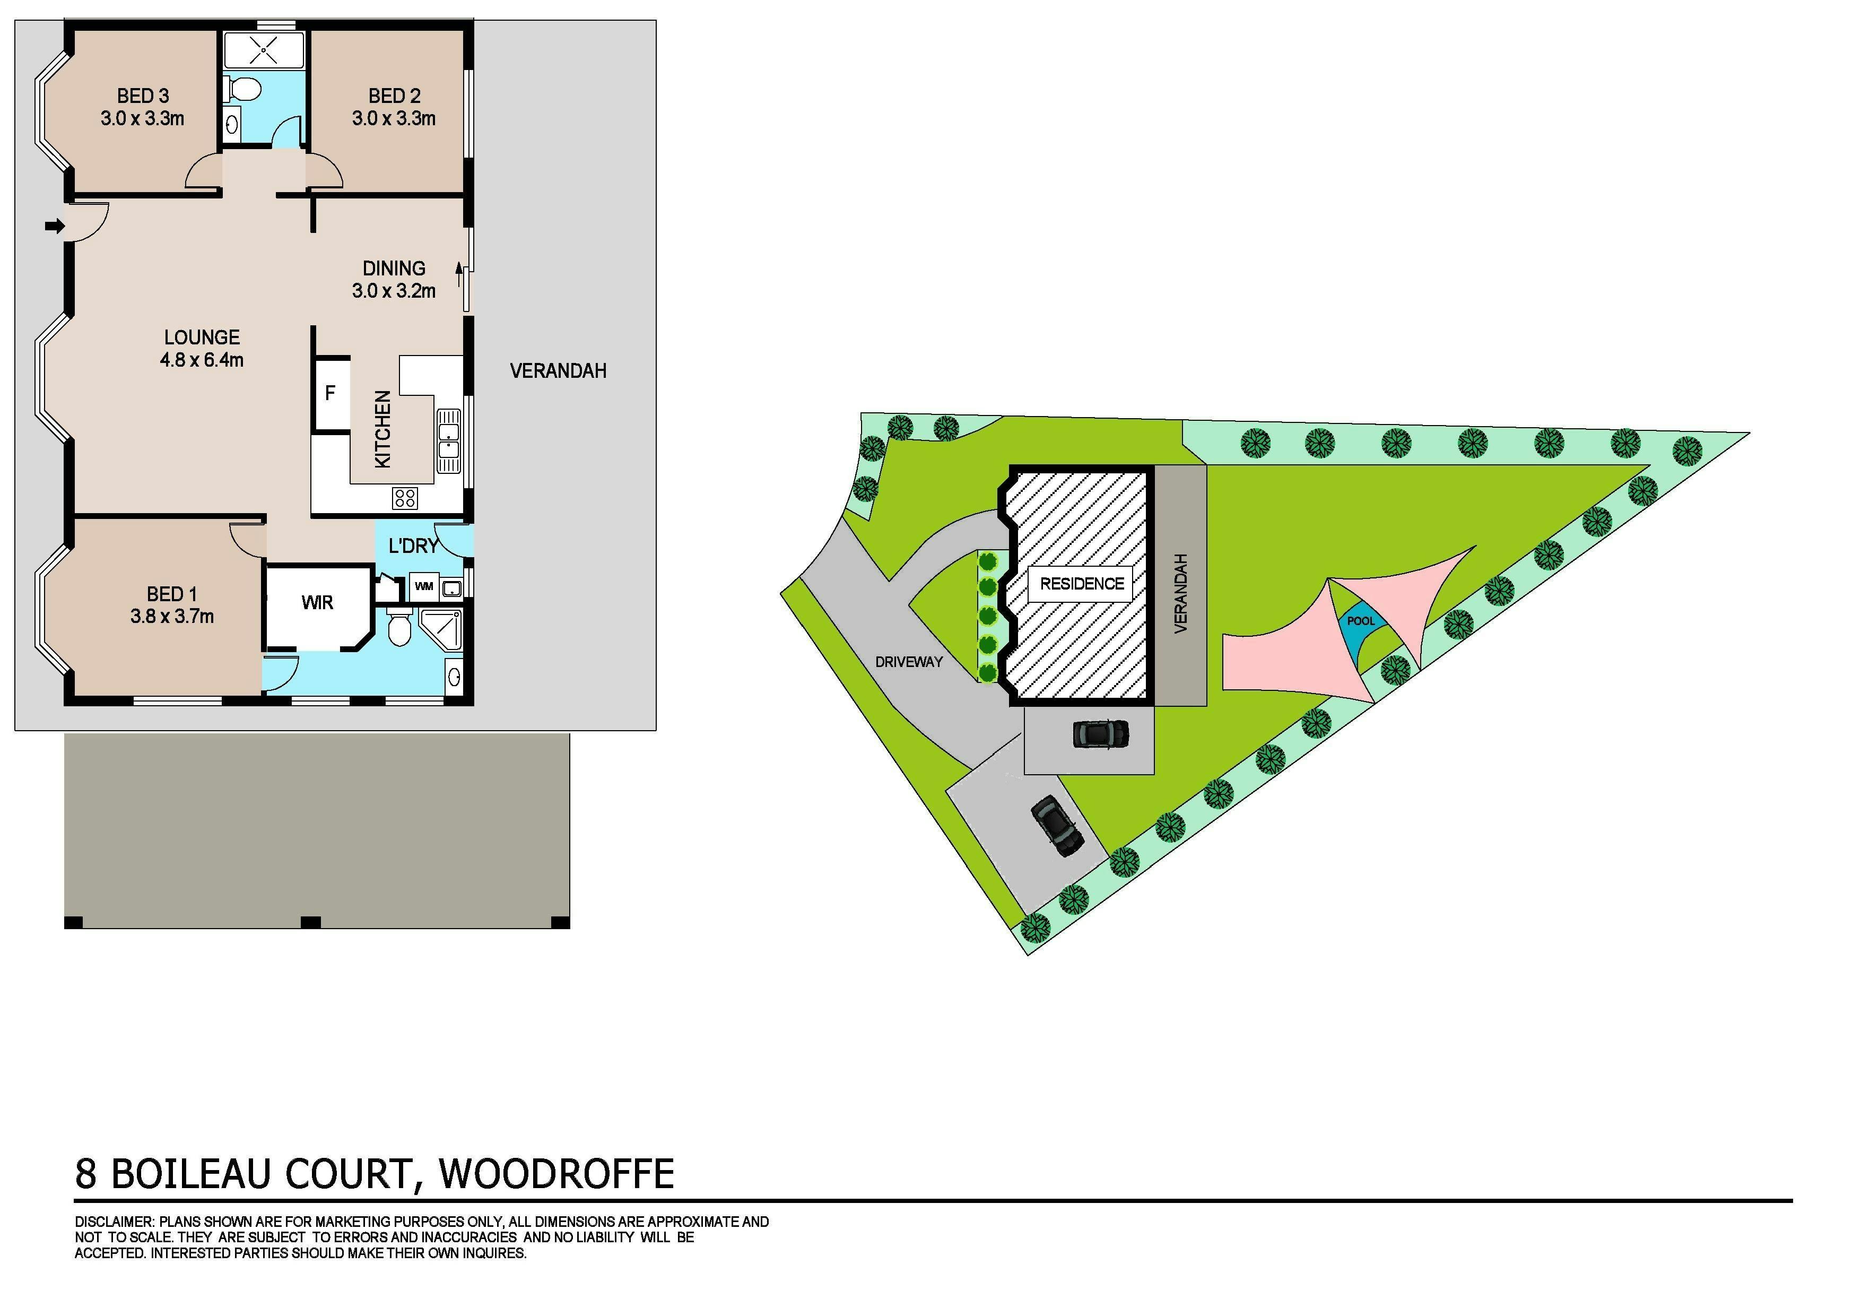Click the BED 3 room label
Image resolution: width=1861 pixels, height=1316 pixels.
point(143,96)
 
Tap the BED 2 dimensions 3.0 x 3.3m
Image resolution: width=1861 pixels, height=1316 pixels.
point(394,118)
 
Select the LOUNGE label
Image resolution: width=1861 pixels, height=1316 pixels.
point(202,337)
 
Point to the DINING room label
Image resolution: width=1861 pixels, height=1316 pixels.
point(394,269)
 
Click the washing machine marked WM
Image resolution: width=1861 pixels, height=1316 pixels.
point(424,586)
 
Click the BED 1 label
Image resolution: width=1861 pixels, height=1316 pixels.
point(172,594)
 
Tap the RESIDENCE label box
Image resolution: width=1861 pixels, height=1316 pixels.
point(1081,584)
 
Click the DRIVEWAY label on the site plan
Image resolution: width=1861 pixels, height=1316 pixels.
point(909,662)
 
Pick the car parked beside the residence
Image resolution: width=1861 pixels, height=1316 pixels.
point(1101,734)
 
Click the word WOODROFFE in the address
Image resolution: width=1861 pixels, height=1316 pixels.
point(557,1173)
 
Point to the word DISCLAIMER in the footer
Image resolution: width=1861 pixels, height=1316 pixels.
point(114,1222)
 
